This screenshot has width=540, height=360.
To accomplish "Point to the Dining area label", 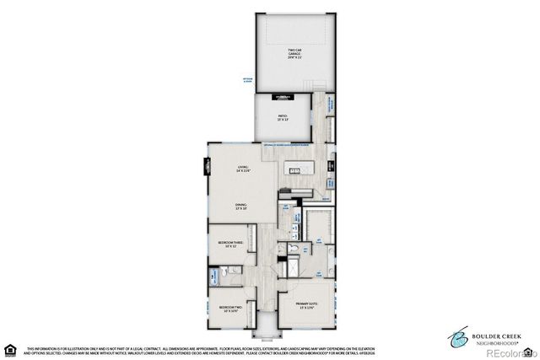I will coord(241,207).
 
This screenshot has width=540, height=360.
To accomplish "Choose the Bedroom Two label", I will coord(230,309).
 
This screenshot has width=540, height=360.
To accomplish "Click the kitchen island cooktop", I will coord(294,170).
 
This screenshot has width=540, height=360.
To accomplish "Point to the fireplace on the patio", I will coord(283,98).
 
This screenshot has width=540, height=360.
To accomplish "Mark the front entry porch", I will coord(269,324).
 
